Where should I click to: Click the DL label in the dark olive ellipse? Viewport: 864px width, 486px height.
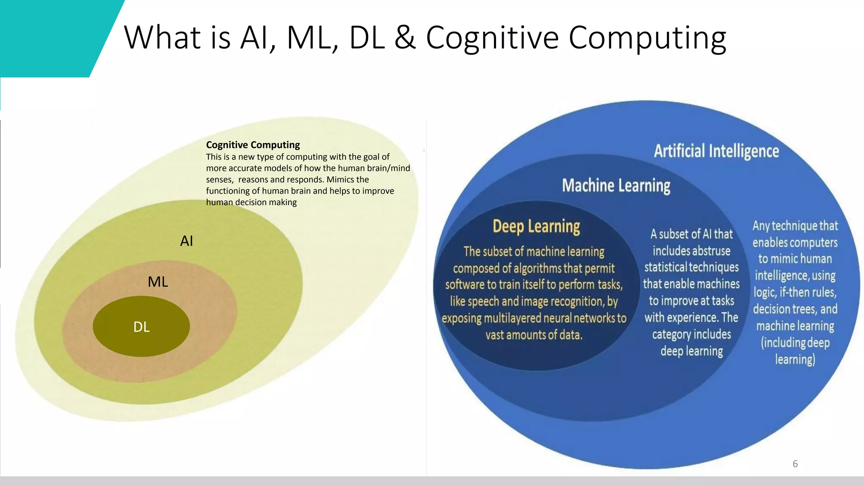coord(141,327)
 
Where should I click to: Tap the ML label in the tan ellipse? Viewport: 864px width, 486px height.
coord(158,282)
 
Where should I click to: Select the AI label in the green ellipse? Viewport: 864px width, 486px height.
coord(186,241)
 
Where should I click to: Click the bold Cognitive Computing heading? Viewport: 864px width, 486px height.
coord(253,145)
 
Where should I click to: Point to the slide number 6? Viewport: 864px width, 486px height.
coord(795,464)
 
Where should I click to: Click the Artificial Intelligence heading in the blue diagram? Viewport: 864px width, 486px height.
coord(716,151)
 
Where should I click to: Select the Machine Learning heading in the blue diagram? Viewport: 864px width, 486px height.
coord(616,186)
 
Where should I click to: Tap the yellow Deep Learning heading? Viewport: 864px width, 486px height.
coord(536,227)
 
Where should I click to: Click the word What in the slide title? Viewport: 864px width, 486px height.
coord(162,38)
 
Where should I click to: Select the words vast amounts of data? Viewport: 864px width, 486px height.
coord(534,335)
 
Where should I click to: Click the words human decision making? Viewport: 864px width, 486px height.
coord(251,202)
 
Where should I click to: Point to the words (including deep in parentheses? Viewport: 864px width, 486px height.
coord(795,343)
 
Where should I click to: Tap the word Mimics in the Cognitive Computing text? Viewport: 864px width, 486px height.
coord(340,180)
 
